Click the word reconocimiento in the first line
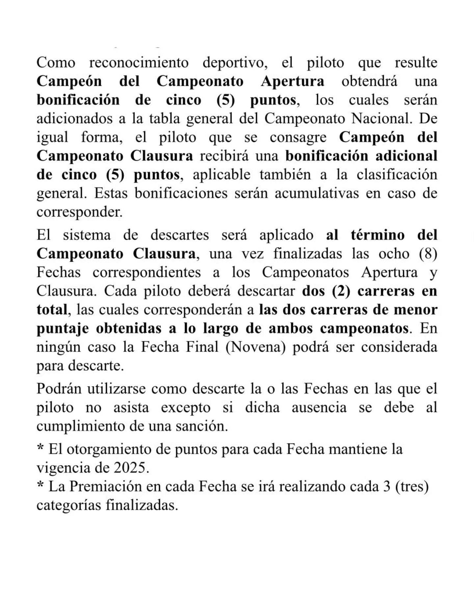point(139,62)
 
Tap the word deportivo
point(235,62)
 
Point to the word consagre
point(298,137)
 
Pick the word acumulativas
point(317,193)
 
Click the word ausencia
point(319,407)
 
